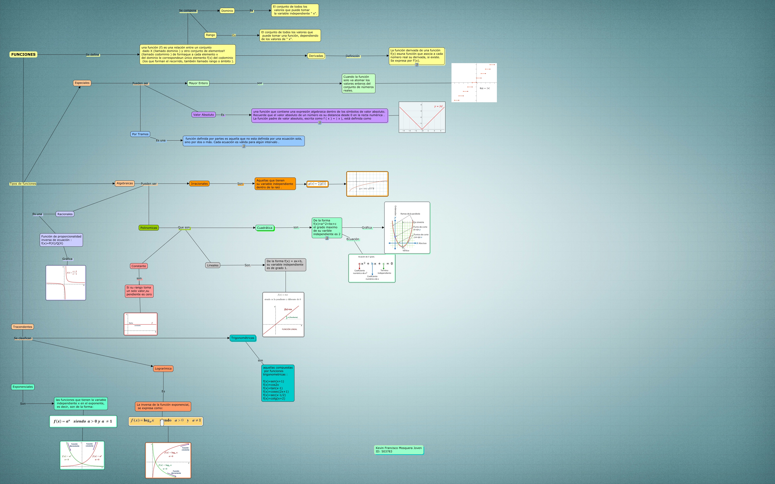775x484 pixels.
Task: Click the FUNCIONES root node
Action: [x=23, y=54]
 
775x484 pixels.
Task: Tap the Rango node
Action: [x=211, y=35]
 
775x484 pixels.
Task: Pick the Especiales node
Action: [x=82, y=83]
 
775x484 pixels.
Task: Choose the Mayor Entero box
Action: [x=198, y=83]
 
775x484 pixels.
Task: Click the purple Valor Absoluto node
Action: [x=203, y=115]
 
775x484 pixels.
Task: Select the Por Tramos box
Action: [x=140, y=134]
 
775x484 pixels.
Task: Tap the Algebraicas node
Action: [x=125, y=184]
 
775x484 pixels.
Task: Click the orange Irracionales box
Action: [x=199, y=184]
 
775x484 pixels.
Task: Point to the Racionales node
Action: [x=65, y=214]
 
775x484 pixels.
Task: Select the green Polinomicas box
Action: [x=149, y=228]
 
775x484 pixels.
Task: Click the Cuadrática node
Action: [x=265, y=228]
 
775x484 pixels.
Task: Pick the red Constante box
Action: [x=139, y=266]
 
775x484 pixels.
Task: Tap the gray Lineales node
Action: [x=213, y=265]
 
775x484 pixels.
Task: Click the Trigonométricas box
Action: [x=243, y=338]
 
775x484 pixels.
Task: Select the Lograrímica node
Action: [x=163, y=369]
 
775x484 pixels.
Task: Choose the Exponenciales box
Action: [x=23, y=387]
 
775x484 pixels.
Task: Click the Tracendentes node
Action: [x=23, y=327]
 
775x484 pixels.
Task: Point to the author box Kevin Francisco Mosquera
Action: [x=399, y=450]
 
